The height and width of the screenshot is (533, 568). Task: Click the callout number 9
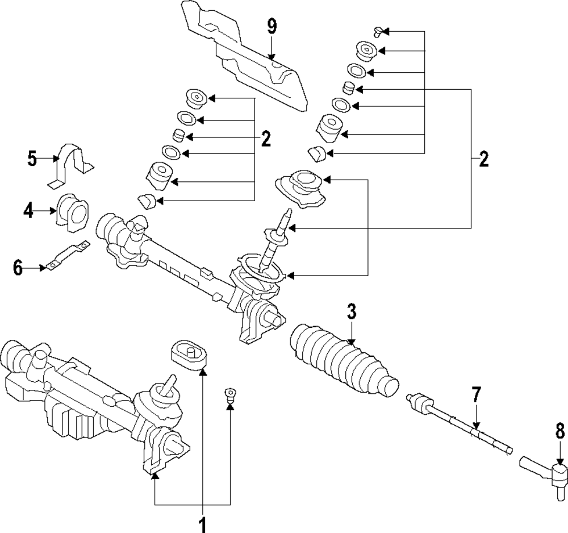point(272,27)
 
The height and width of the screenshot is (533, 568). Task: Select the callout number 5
point(32,159)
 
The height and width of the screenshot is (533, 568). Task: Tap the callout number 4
point(28,210)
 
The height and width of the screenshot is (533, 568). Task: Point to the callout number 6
point(18,268)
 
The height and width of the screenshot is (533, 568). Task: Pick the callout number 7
point(476,395)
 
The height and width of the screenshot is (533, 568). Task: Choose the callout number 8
point(560,431)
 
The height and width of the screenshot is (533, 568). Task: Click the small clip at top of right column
point(378,31)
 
